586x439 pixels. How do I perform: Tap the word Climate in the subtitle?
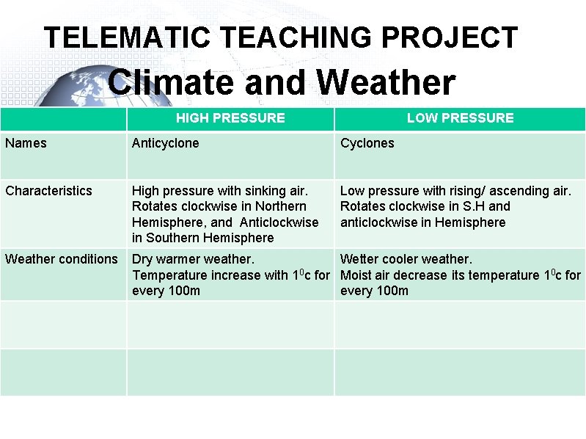pyautogui.click(x=172, y=82)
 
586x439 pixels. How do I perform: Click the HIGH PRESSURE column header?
pyautogui.click(x=230, y=118)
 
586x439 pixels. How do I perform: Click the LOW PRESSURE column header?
pyautogui.click(x=460, y=118)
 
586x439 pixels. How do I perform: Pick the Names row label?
pyautogui.click(x=26, y=143)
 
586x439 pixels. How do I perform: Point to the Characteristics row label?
pyautogui.click(x=48, y=191)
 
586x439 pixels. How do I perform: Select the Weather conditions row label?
pyautogui.click(x=61, y=259)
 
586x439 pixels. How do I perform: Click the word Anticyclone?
pyautogui.click(x=165, y=143)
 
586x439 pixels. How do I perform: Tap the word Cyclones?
pyautogui.click(x=367, y=143)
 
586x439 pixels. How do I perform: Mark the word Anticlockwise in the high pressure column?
pyautogui.click(x=279, y=222)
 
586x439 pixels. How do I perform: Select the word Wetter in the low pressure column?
pyautogui.click(x=359, y=259)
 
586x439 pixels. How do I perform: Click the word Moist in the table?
pyautogui.click(x=356, y=275)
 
